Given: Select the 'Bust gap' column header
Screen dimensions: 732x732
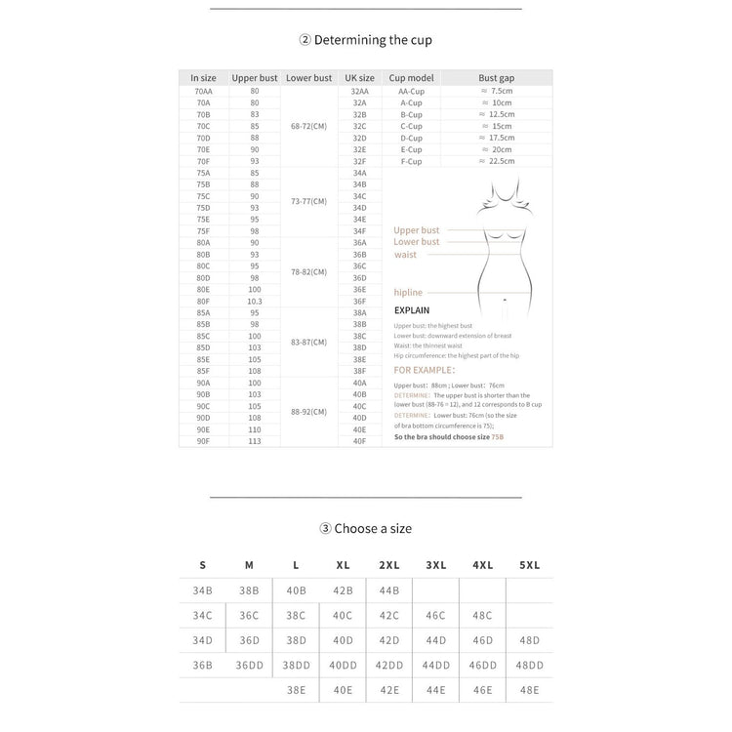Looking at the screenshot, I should click(496, 77).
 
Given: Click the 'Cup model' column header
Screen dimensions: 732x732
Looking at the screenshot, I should click(411, 77).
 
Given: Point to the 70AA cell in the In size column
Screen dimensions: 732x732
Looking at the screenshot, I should click(203, 91).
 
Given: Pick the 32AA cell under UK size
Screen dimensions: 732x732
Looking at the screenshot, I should click(359, 91).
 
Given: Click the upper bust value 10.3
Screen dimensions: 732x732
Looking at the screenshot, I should click(255, 301).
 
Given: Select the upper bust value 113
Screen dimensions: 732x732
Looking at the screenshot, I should click(255, 441).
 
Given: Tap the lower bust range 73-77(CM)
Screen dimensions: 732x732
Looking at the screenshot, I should click(308, 202).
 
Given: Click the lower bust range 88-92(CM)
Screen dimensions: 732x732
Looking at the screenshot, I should click(308, 412).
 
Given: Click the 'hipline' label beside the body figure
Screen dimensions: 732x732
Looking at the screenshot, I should click(407, 292).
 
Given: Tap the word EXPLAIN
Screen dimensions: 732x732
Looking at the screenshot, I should click(412, 310).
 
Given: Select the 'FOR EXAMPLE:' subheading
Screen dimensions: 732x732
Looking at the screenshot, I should click(424, 371).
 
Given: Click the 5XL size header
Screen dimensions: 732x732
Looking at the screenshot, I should click(529, 565).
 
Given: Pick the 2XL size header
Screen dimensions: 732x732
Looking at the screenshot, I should click(389, 565).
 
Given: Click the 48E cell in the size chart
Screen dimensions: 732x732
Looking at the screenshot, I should click(529, 689).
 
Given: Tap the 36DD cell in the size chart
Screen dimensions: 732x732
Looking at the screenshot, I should click(249, 665).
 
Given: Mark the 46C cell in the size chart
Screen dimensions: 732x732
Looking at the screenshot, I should click(435, 616).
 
